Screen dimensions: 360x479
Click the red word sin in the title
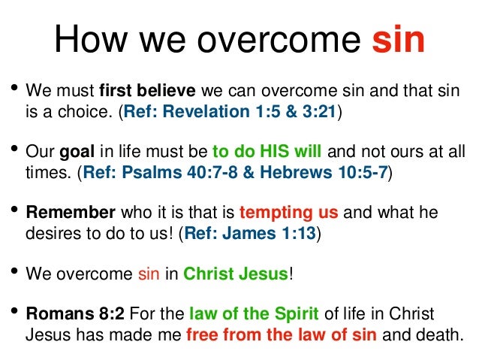pyautogui.click(x=399, y=41)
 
